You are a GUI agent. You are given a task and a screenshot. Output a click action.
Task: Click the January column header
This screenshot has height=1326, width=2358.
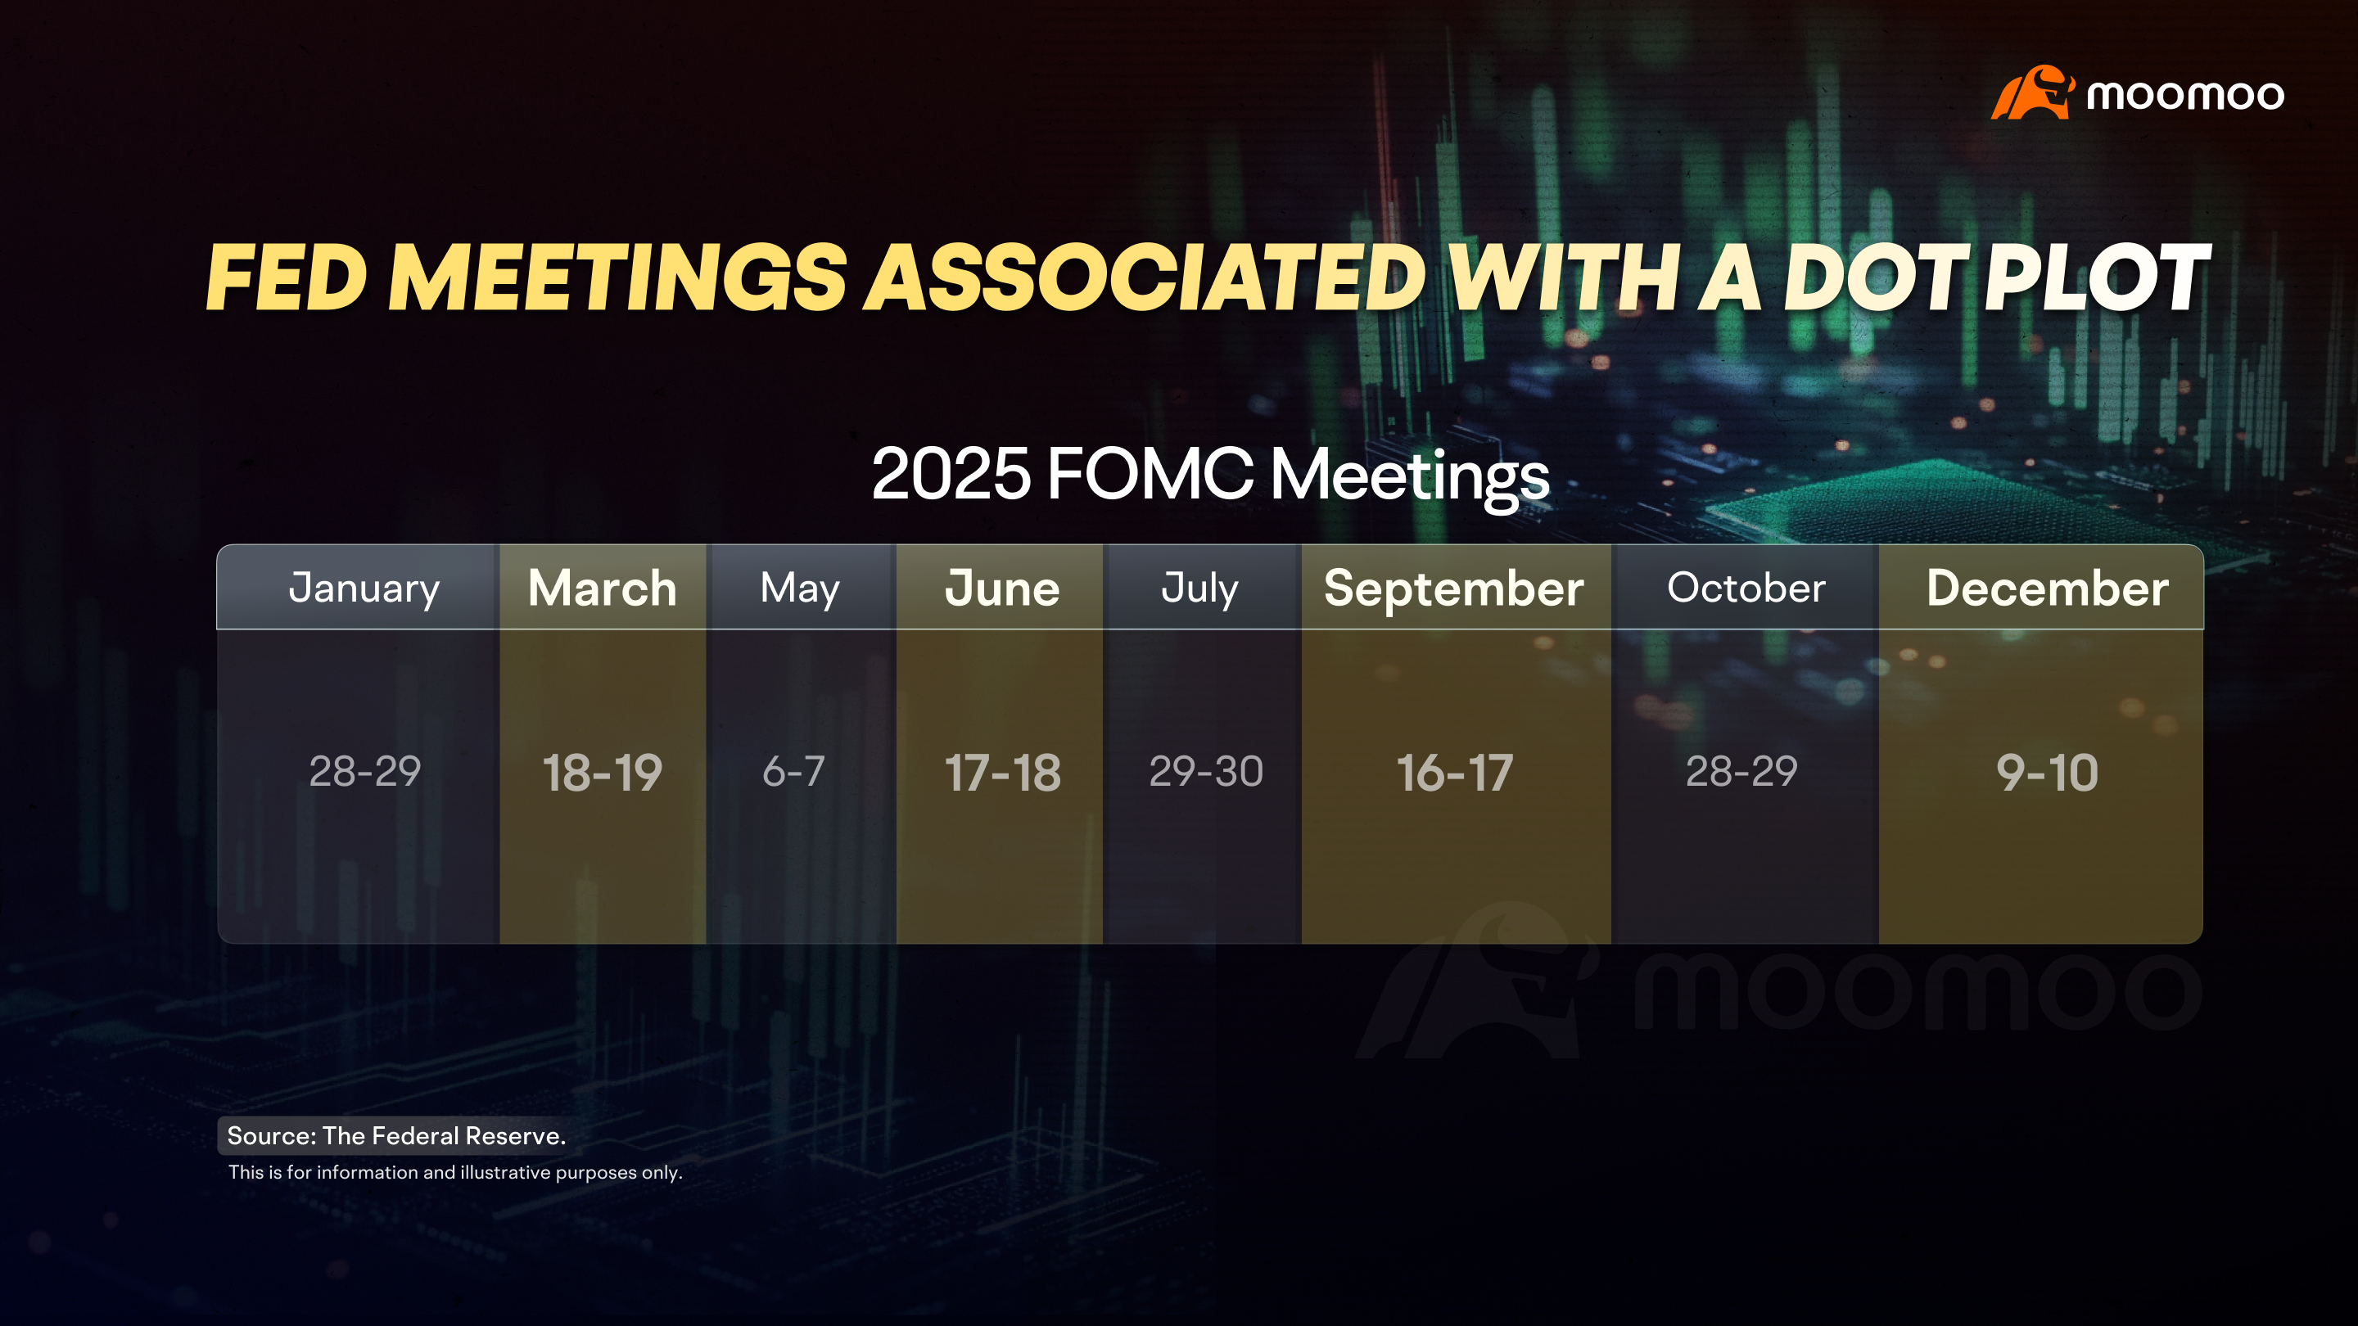pyautogui.click(x=364, y=588)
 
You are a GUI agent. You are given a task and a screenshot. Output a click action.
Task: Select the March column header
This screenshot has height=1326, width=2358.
pyautogui.click(x=603, y=588)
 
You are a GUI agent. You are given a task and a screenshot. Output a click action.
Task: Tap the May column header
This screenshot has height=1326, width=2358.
pyautogui.click(x=799, y=589)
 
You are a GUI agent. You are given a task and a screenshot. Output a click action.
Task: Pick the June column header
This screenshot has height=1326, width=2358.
pyautogui.click(x=1001, y=588)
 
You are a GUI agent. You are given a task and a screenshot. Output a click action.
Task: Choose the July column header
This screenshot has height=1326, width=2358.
pyautogui.click(x=1199, y=589)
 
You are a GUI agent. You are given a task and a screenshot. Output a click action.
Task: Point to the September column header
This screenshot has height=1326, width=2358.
pyautogui.click(x=1453, y=589)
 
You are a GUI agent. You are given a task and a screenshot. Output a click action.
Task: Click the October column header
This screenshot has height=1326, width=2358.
pyautogui.click(x=1746, y=588)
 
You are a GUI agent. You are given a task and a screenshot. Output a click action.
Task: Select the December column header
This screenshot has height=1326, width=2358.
pyautogui.click(x=2047, y=588)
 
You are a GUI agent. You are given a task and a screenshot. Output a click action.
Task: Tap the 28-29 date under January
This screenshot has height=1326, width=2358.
pyautogui.click(x=364, y=771)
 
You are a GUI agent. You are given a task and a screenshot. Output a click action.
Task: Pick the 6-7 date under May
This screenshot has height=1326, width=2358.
pyautogui.click(x=793, y=771)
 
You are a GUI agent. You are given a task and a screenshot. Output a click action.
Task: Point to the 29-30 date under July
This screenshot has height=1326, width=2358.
pyautogui.click(x=1205, y=771)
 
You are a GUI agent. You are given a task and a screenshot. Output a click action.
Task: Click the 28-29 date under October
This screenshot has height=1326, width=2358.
pyautogui.click(x=1741, y=771)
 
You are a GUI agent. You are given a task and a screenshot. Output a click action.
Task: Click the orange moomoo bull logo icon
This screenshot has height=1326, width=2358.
pyautogui.click(x=2032, y=92)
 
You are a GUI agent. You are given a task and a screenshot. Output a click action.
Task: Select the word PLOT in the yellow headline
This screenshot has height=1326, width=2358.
pyautogui.click(x=2096, y=277)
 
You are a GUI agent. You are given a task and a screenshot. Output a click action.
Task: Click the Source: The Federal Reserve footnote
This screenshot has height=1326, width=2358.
pyautogui.click(x=396, y=1135)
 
